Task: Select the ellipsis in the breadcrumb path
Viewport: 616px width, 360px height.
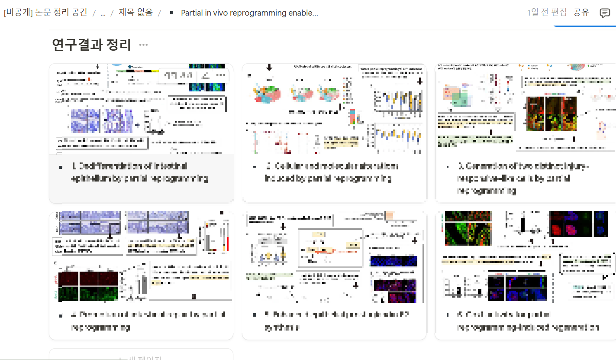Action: [103, 13]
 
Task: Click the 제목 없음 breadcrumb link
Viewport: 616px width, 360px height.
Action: [135, 13]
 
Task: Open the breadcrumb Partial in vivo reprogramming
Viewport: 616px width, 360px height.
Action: [249, 13]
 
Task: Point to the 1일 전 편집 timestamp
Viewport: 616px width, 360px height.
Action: [546, 12]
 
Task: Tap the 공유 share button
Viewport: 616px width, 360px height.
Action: [581, 12]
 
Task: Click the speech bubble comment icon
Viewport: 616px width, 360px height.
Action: [604, 13]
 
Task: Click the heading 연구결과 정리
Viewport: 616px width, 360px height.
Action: [91, 44]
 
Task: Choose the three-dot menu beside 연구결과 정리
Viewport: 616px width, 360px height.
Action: [143, 45]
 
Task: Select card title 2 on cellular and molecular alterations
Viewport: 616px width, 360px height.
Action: [332, 172]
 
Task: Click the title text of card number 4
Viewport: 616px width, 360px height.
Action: [148, 321]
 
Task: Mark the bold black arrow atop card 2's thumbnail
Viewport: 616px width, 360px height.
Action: [269, 67]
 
